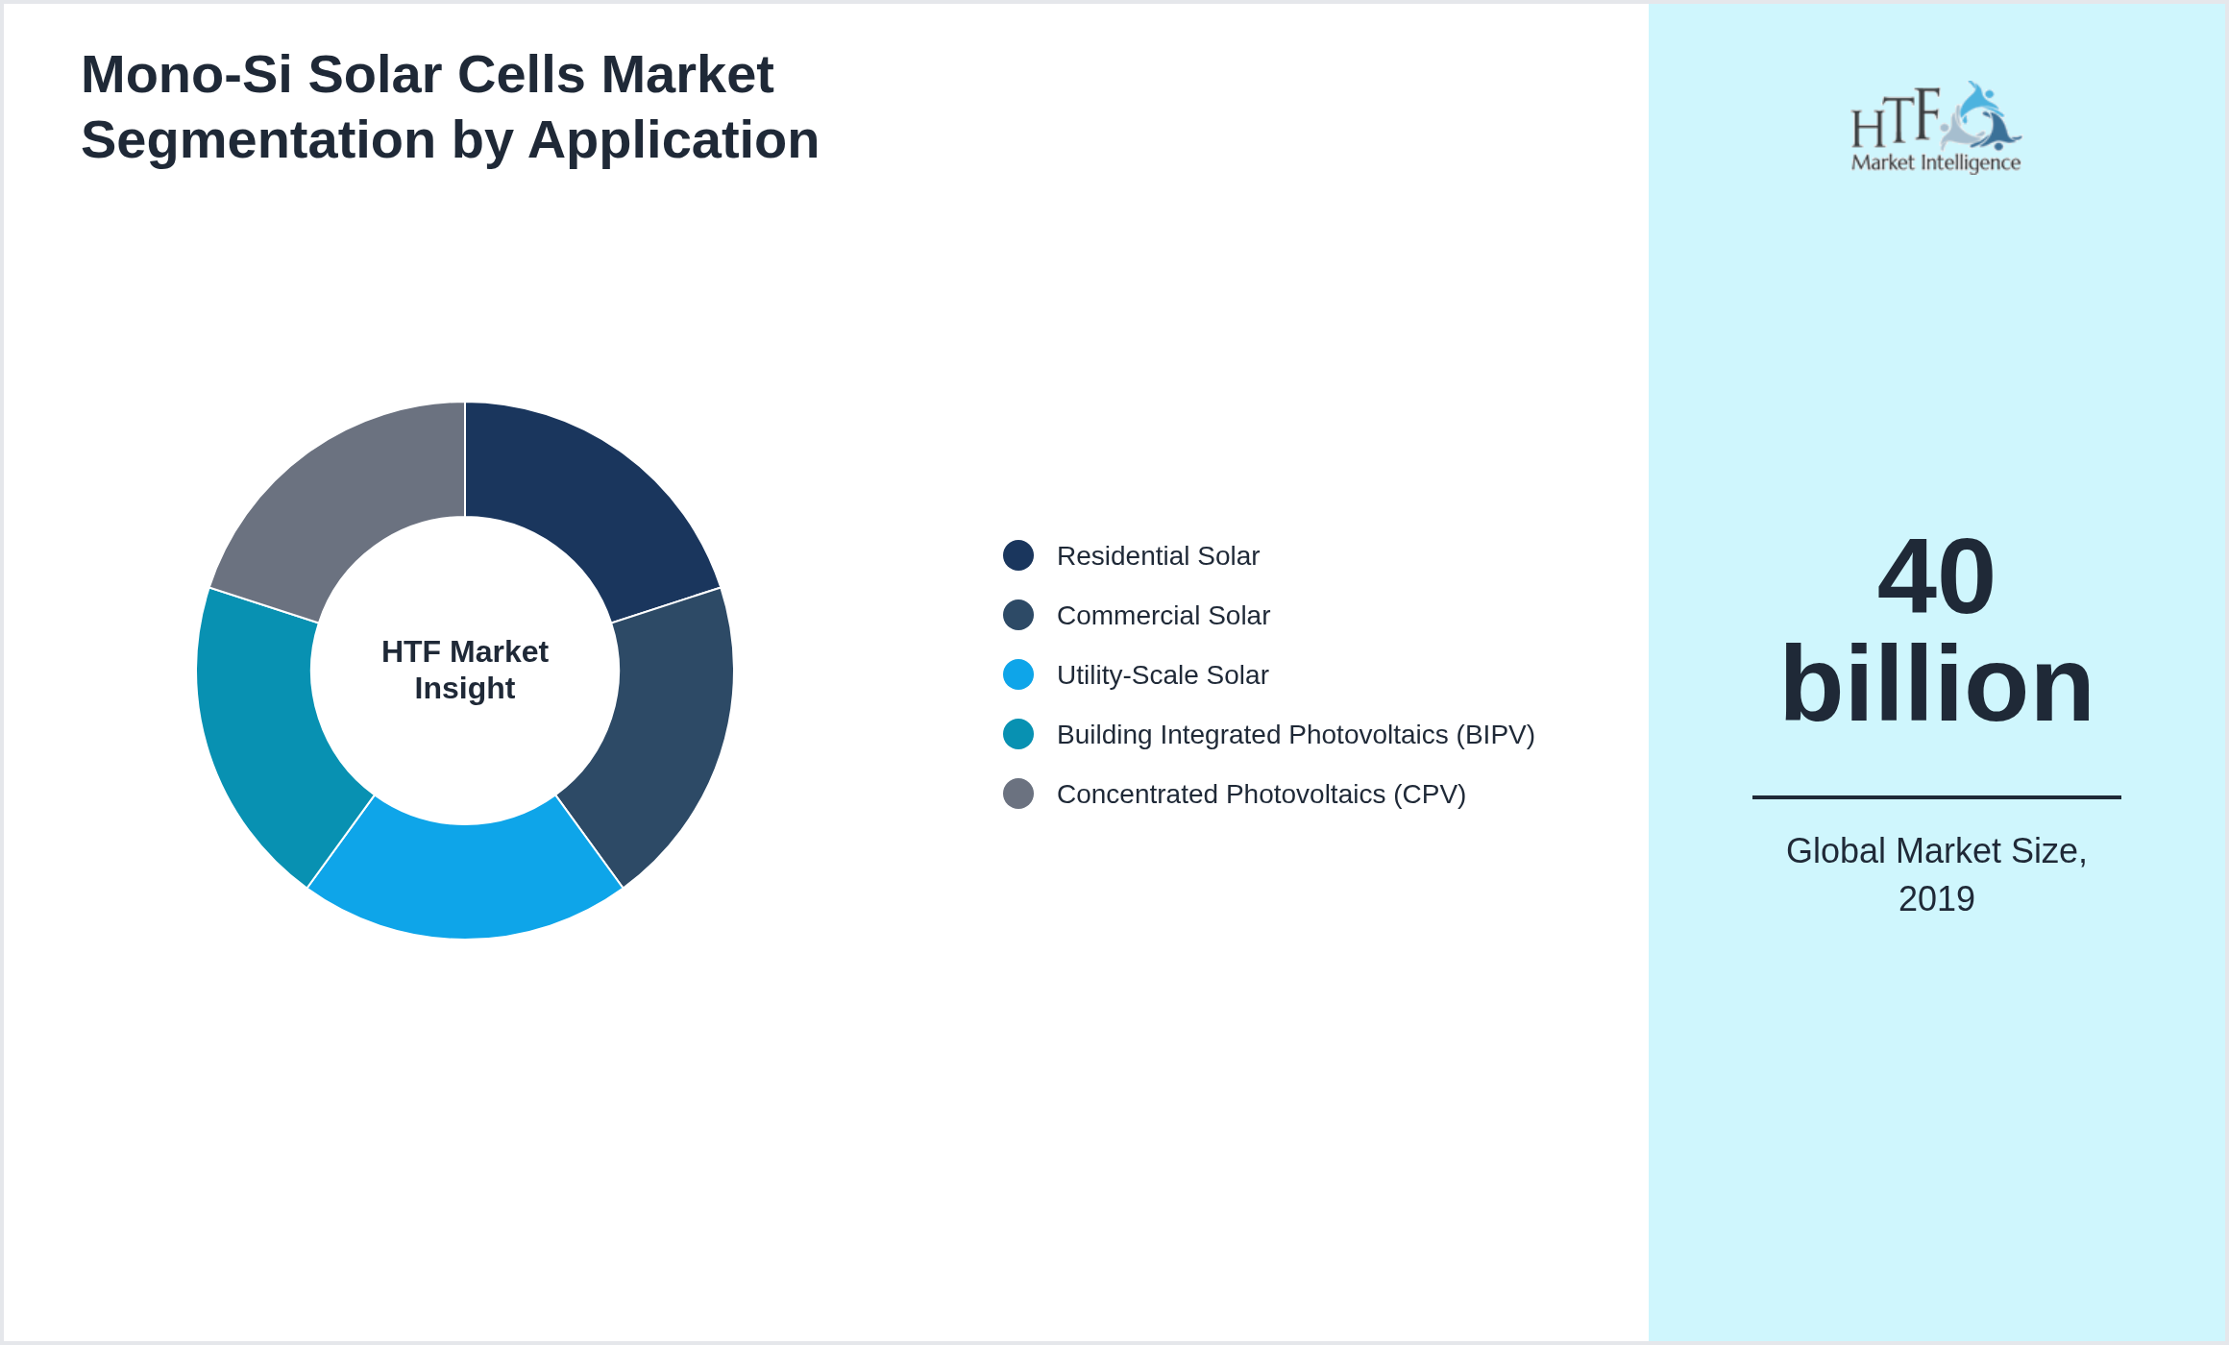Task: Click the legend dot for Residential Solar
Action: tap(1018, 555)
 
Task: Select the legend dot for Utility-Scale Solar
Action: tap(1018, 674)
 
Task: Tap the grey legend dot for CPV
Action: tap(1018, 794)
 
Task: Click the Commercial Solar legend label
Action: tap(1163, 616)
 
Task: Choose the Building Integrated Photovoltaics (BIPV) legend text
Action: tap(1295, 735)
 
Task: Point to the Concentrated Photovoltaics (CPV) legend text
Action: tap(1261, 795)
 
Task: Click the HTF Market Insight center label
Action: tap(465, 670)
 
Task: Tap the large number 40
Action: tap(1936, 576)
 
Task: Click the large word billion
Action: tap(1936, 684)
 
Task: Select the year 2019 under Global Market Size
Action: tap(1936, 899)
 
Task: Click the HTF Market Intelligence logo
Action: tap(1936, 128)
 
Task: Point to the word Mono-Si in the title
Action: tap(186, 75)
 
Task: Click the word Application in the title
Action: tap(673, 140)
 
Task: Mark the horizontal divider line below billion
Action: tap(1936, 796)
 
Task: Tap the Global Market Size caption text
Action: tap(1936, 851)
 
